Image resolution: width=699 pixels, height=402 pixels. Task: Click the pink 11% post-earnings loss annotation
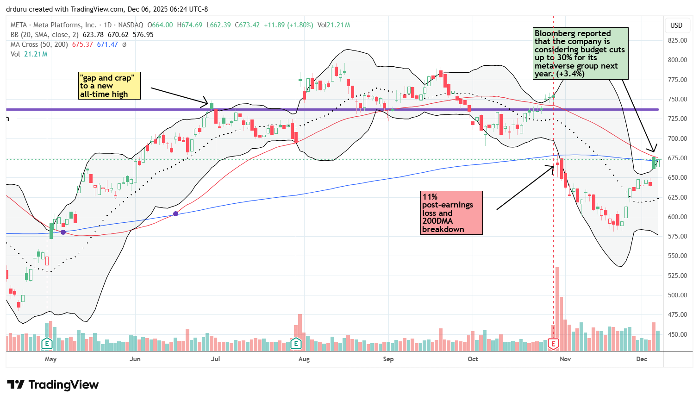451,213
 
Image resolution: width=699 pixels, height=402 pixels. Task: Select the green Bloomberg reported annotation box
580,54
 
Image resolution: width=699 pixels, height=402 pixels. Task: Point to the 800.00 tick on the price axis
677,60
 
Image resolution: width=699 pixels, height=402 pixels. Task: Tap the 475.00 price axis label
677,315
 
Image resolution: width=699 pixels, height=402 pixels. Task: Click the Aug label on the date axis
304,359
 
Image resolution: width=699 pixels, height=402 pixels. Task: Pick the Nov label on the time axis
565,359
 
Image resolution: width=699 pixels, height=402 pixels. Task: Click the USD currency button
676,25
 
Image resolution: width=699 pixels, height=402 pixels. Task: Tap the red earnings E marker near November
553,344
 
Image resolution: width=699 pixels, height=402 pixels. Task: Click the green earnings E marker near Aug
296,344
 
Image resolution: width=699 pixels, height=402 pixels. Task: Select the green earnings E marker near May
47,344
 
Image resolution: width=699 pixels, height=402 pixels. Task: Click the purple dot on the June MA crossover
175,214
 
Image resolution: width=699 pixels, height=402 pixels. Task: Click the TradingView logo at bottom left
53,385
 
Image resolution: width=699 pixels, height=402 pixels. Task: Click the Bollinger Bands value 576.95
143,35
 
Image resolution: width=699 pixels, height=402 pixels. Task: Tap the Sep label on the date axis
388,359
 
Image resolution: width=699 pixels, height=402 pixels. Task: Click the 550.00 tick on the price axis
677,256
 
